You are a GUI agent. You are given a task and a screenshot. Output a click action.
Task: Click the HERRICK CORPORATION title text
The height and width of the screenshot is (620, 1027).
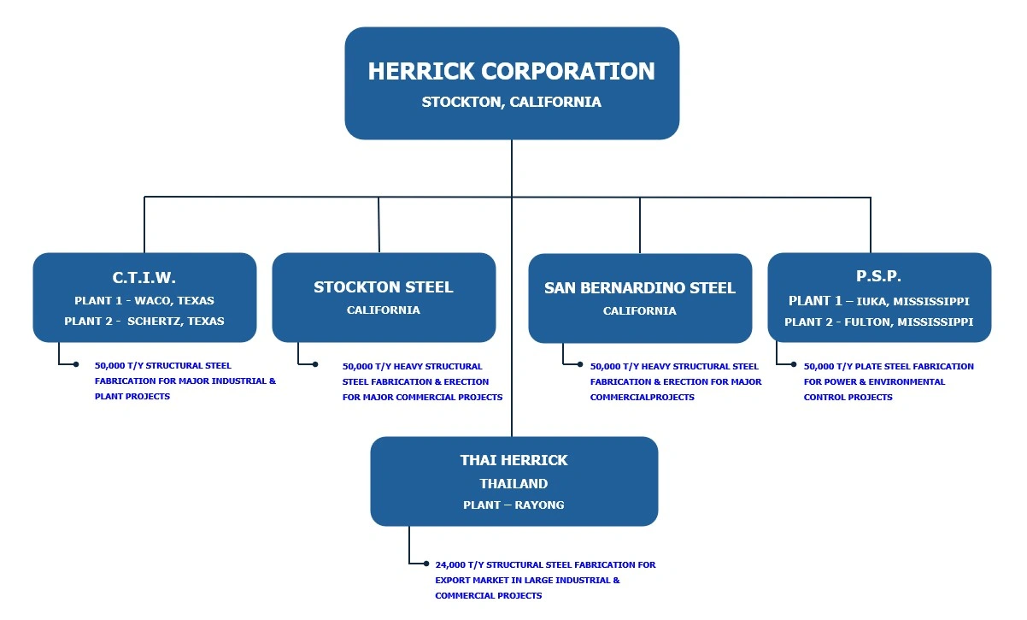coord(511,71)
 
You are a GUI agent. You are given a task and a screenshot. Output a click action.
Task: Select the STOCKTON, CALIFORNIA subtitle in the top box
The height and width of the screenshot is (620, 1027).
coord(511,102)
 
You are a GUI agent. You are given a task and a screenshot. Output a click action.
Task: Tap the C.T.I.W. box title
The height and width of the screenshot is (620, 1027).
coord(144,277)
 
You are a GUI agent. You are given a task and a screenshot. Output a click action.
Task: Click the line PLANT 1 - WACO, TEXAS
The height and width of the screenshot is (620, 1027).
coord(144,300)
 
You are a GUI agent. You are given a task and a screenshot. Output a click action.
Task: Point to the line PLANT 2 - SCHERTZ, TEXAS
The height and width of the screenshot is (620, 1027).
coord(144,321)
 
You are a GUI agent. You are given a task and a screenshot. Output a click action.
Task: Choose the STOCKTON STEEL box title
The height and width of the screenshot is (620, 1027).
coord(384,286)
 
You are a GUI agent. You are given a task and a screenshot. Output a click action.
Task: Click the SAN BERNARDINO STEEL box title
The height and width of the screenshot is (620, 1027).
coord(640,287)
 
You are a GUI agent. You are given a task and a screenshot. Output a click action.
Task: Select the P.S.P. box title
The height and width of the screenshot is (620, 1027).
coord(878,275)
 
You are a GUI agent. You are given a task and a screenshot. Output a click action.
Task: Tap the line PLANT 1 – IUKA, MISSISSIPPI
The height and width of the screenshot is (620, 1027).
coord(879,301)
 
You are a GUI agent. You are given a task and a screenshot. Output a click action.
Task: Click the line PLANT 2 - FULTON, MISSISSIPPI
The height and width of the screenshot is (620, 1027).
coord(879,322)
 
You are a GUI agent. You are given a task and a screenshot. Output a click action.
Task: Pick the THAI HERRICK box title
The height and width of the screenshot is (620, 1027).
coord(514,460)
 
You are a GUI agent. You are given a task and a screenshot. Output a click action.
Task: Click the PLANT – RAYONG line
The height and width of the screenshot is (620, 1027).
coord(513,505)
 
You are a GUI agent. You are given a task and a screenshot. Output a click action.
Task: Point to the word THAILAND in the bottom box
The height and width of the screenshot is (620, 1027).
coord(514,483)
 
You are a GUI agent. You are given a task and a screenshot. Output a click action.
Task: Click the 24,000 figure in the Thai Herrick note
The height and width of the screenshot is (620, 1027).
coord(449,565)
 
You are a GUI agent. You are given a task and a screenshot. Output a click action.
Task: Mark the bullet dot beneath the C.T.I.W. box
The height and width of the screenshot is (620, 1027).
coord(76,364)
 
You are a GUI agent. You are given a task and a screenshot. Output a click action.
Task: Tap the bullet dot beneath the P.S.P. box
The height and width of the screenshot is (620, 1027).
coord(794,364)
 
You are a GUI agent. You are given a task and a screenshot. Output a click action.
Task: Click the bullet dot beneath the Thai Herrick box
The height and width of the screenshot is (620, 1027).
coord(426,564)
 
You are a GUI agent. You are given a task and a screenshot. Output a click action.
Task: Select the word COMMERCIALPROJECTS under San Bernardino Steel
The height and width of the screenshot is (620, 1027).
coord(643,397)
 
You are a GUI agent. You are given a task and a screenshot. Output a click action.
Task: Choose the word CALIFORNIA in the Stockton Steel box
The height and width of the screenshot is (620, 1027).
coord(384,310)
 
